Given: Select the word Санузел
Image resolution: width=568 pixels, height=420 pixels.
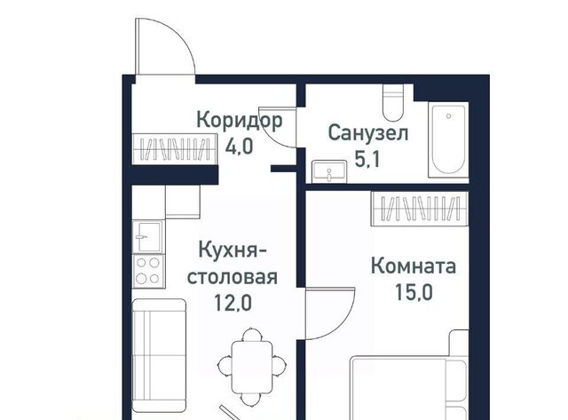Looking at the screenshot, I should pos(367,134).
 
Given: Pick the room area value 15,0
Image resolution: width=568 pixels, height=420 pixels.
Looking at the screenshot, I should pos(413,290).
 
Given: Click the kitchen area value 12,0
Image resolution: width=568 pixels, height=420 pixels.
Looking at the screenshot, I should pos(233,302).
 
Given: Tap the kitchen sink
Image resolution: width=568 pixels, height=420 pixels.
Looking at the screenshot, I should pos(146,236).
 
